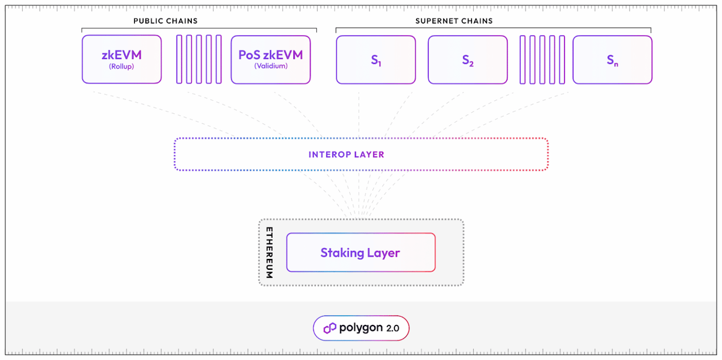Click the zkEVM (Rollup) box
coord(122,59)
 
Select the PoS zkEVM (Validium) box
coord(271,60)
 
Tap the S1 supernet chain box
coord(376,60)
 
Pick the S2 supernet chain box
coord(468,60)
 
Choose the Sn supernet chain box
coord(612,60)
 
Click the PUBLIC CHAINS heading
coord(165,21)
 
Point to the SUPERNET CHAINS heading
coord(454,21)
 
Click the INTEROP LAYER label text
coord(346,155)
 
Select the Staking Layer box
coord(361,252)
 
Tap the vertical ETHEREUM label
coord(269,252)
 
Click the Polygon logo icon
coord(330,328)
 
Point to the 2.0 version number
coord(392,328)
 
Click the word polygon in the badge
coord(361,328)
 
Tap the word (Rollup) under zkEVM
coord(121,66)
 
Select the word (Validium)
coord(271,66)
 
